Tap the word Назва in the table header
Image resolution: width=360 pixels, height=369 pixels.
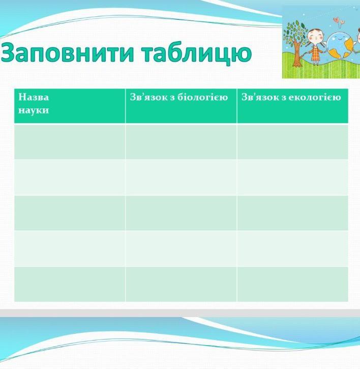(34, 97)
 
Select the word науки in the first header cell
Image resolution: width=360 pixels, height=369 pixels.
(34, 110)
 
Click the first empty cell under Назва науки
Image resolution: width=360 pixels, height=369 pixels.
(70, 142)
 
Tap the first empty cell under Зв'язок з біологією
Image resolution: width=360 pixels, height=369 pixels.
(181, 142)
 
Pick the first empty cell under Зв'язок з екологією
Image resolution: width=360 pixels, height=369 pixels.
(292, 142)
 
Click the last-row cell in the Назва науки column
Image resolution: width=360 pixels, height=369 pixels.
(70, 284)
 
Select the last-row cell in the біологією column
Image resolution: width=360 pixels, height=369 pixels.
(181, 284)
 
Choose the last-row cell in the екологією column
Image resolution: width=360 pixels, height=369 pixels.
(292, 284)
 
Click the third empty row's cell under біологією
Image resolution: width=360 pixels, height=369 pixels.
(181, 213)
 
